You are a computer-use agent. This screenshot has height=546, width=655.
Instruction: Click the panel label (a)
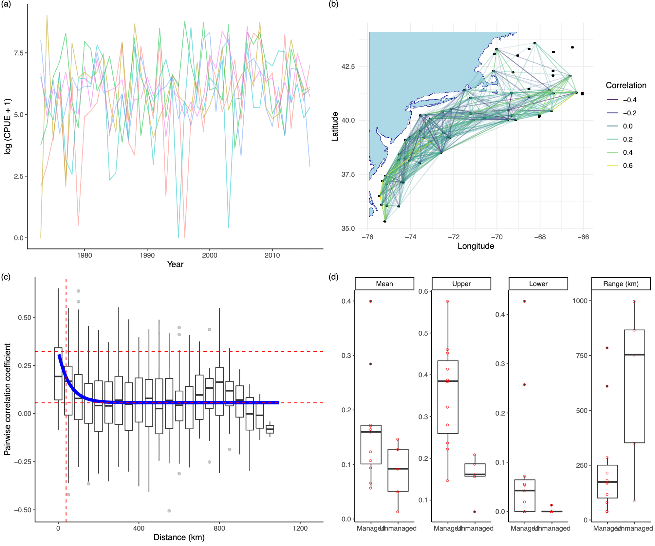(x=6, y=4)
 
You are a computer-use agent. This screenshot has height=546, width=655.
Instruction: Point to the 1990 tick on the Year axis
(x=147, y=255)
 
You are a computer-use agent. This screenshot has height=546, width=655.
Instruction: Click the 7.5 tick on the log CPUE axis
(x=18, y=53)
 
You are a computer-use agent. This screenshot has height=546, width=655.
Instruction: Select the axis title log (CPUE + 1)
(x=8, y=126)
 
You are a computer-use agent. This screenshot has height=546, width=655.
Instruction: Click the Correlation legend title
(x=626, y=86)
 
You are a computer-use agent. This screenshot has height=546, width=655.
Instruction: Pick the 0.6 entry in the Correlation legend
(x=627, y=166)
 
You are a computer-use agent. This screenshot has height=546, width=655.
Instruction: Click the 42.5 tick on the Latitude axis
(x=348, y=67)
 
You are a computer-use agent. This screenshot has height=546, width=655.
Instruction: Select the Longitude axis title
(x=476, y=246)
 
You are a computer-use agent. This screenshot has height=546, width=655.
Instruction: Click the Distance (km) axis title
(x=179, y=537)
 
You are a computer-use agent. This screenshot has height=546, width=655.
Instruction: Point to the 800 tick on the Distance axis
(x=219, y=528)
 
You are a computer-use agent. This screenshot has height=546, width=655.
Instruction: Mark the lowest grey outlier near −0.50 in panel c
(x=169, y=511)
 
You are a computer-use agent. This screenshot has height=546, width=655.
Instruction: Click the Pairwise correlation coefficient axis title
(x=7, y=399)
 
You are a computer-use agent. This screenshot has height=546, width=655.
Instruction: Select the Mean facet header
(x=384, y=284)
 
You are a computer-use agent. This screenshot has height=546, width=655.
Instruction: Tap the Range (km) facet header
(x=621, y=284)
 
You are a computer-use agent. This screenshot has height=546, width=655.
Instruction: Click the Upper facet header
(x=461, y=284)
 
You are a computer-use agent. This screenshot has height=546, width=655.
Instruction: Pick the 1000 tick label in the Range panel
(x=580, y=301)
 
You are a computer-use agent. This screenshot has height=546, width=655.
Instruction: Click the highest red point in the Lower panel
(x=524, y=301)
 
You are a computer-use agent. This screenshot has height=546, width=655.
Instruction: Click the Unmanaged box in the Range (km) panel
(x=634, y=387)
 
